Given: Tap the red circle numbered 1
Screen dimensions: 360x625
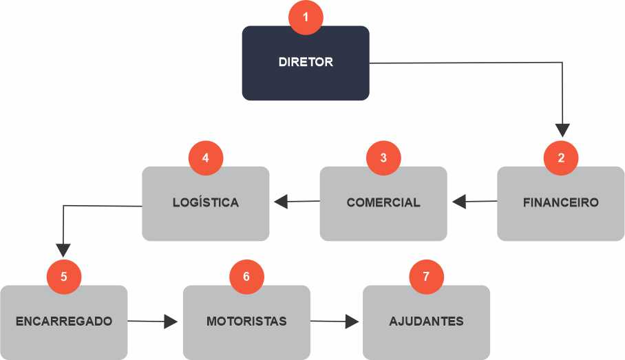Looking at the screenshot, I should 306,17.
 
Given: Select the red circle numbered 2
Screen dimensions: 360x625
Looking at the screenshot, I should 561,158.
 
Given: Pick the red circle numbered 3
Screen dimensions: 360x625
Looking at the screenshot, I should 383,158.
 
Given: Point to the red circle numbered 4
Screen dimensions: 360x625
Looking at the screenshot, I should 206,158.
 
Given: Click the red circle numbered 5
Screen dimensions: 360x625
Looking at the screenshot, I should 64,277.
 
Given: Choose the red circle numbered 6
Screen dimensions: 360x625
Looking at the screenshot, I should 246,277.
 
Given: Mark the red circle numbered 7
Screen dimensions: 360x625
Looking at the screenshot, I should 426,277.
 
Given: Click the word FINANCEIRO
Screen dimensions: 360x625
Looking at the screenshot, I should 560,203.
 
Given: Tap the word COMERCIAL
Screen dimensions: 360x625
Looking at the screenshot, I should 383,203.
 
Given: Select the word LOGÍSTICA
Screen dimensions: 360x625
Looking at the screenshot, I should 206,203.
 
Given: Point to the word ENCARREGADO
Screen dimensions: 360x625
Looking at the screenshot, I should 63,321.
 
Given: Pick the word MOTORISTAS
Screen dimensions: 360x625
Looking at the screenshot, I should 246,321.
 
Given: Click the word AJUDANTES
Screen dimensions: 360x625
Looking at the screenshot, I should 426,321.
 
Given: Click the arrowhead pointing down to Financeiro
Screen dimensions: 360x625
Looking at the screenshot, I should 562,129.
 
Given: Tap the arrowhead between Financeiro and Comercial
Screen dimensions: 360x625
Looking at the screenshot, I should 460,202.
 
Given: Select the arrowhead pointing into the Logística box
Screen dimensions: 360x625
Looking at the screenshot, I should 281,202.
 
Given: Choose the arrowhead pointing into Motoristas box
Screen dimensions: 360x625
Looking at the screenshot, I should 171,321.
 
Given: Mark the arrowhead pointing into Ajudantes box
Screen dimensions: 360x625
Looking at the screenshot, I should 352,321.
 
